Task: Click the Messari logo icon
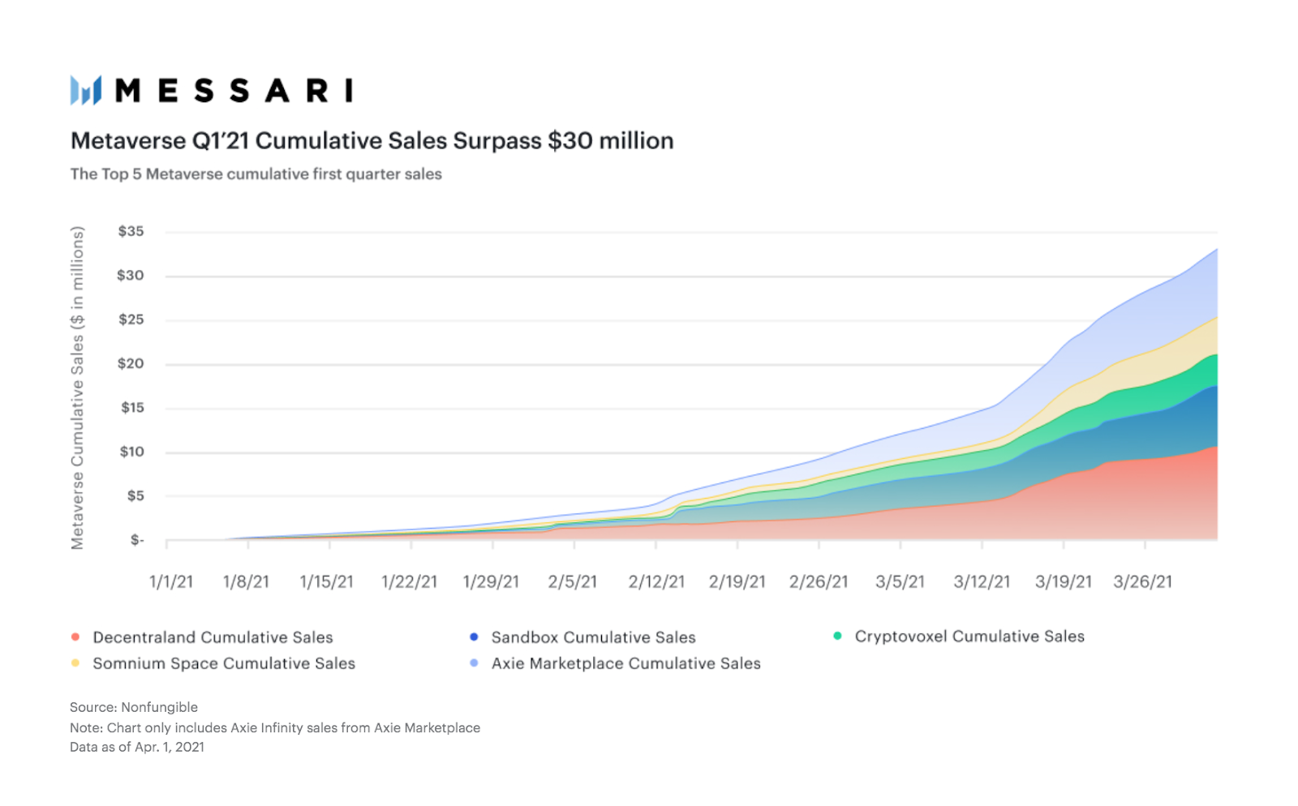[86, 90]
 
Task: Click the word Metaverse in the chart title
[128, 141]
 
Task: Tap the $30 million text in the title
[610, 141]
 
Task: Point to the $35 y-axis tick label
[131, 232]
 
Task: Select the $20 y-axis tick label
[131, 364]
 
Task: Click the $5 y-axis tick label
[135, 496]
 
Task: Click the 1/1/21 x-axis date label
[171, 582]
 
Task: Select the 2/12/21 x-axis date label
[656, 582]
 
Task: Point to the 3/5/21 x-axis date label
[900, 582]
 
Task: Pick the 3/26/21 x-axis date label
[1142, 582]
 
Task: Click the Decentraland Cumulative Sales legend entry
[213, 638]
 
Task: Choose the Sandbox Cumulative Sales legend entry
[593, 638]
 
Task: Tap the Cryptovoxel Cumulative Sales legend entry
[969, 637]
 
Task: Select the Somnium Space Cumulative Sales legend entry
[224, 664]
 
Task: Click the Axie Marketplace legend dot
[474, 664]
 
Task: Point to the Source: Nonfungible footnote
[134, 708]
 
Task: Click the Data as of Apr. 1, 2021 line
[137, 748]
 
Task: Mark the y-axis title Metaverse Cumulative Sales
[78, 388]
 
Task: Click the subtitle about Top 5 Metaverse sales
[256, 174]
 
